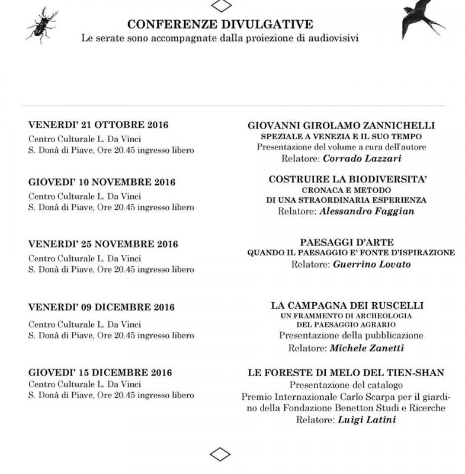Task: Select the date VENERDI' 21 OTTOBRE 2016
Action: [x=98, y=125]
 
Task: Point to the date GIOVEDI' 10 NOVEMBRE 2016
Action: [x=102, y=182]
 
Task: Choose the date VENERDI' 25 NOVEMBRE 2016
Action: [x=103, y=244]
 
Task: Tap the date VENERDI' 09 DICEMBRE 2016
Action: [x=101, y=308]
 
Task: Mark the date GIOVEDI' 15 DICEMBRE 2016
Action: [x=100, y=373]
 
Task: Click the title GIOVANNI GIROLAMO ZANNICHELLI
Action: [x=341, y=126]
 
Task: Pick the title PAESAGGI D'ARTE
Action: [x=347, y=242]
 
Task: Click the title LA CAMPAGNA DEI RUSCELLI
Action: [x=347, y=305]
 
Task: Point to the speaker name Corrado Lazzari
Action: [x=363, y=158]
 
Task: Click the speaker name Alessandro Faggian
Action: [x=367, y=211]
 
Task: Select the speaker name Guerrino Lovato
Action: [x=371, y=264]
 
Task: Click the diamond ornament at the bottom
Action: [x=220, y=455]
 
